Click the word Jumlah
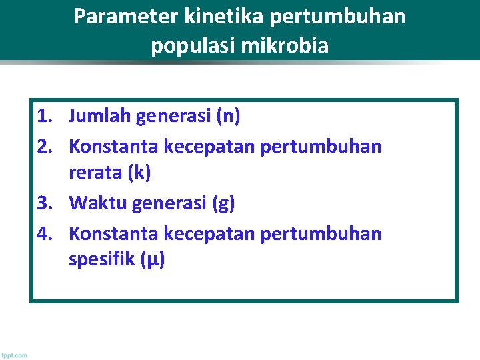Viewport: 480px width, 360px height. pos(100,117)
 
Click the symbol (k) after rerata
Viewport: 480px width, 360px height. pos(139,173)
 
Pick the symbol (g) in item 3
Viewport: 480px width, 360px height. pos(223,203)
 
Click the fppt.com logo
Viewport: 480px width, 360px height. pos(14,355)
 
